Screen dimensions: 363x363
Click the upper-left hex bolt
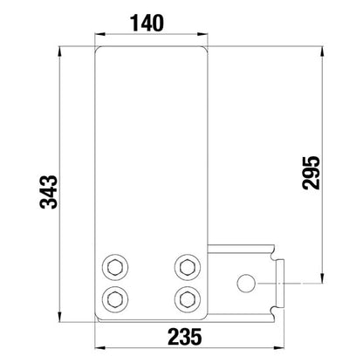coord(115,266)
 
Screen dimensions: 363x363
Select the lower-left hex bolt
coord(115,298)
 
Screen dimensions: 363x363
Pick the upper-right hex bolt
coord(186,266)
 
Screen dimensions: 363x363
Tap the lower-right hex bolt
coord(186,298)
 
